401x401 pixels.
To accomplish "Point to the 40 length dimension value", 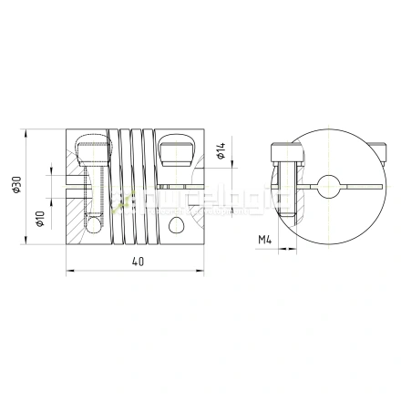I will (x=137, y=262).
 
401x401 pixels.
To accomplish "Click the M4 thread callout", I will (x=267, y=241).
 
